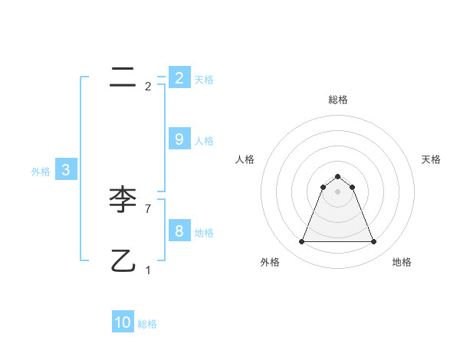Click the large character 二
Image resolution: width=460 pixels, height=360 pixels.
pyautogui.click(x=123, y=77)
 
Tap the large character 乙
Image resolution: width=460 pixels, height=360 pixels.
pyautogui.click(x=123, y=261)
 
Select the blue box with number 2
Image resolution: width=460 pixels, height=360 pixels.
pyautogui.click(x=179, y=77)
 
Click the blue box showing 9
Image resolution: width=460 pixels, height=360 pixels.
pyautogui.click(x=179, y=139)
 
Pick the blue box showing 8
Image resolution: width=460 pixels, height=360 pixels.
pyautogui.click(x=179, y=231)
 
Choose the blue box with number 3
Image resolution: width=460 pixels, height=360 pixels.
pyautogui.click(x=66, y=170)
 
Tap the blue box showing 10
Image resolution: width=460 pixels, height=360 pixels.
pyautogui.click(x=123, y=322)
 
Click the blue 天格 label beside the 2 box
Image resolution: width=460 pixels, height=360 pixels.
pyautogui.click(x=204, y=79)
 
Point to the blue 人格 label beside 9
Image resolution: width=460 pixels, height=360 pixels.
pyautogui.click(x=204, y=140)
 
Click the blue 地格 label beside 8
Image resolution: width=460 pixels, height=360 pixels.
pyautogui.click(x=204, y=232)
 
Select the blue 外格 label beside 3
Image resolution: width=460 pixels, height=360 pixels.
pyautogui.click(x=41, y=172)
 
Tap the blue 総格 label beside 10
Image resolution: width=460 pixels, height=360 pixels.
pyautogui.click(x=147, y=324)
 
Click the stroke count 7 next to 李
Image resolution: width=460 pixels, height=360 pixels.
pyautogui.click(x=148, y=208)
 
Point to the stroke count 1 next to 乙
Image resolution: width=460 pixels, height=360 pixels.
pyautogui.click(x=148, y=270)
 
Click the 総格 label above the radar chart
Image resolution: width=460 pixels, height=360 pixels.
pyautogui.click(x=337, y=100)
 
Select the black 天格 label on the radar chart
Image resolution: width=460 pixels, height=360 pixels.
pyautogui.click(x=431, y=159)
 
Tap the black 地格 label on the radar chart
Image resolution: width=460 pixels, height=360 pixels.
pyautogui.click(x=402, y=262)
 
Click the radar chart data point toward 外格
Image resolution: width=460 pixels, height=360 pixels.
pyautogui.click(x=301, y=242)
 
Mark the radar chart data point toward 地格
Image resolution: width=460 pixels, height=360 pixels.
pyautogui.click(x=373, y=242)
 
